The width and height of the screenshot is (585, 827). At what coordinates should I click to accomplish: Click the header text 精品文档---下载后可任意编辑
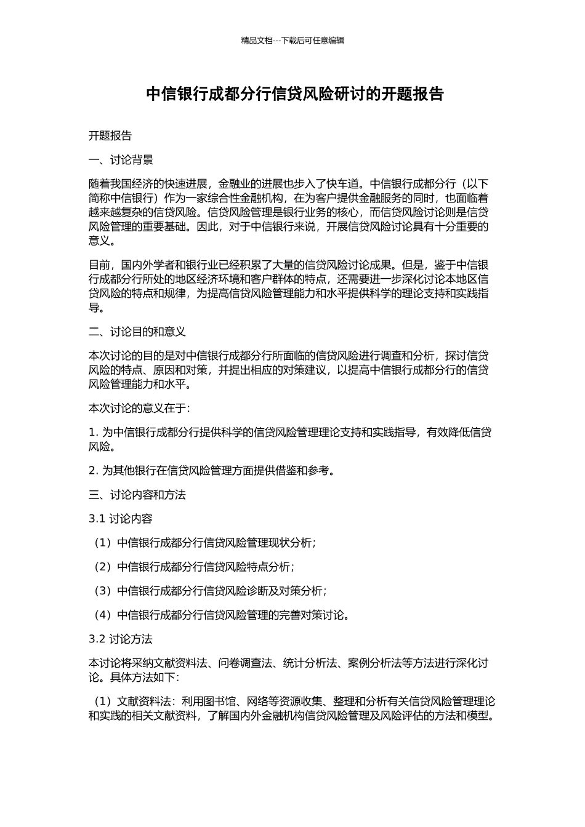[x=292, y=41]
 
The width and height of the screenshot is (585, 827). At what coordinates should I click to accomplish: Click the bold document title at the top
[x=294, y=94]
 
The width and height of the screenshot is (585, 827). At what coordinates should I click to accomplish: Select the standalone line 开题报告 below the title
[x=110, y=136]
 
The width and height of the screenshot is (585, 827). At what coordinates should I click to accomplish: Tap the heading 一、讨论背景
[x=121, y=161]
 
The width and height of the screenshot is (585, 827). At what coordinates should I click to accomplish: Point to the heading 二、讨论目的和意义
[x=137, y=332]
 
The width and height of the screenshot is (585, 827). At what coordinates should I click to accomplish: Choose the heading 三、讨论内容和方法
[x=137, y=495]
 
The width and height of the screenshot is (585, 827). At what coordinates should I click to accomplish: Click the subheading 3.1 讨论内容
[x=120, y=519]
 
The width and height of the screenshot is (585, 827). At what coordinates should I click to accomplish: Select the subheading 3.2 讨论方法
[x=120, y=639]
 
